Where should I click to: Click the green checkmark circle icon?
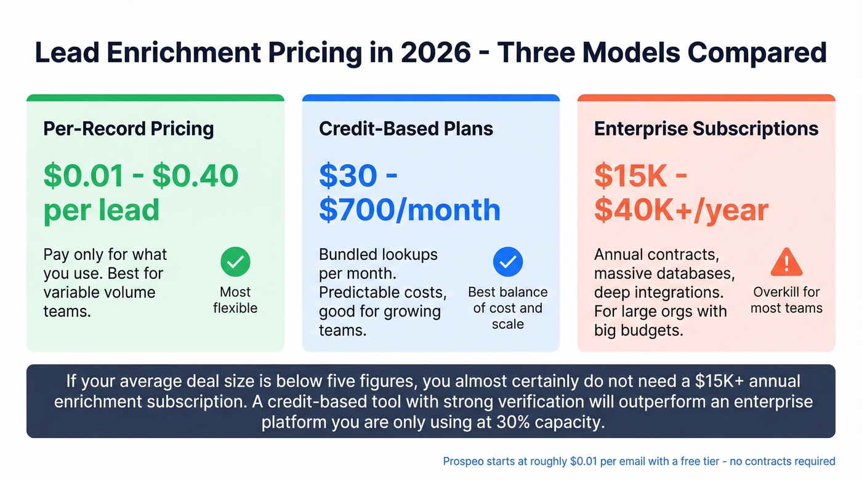click(235, 262)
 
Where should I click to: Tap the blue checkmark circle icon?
click(508, 262)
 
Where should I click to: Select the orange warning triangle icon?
click(786, 262)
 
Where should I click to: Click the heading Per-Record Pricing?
click(129, 129)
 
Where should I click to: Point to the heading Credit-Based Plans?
click(406, 129)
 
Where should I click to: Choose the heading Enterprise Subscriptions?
click(706, 129)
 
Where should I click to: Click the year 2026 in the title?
click(435, 52)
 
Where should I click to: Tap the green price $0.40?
click(195, 176)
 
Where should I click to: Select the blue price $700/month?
click(409, 210)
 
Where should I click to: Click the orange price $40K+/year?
click(681, 210)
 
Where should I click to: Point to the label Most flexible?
click(235, 300)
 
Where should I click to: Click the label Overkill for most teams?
click(786, 300)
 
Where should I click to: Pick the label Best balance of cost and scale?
click(508, 308)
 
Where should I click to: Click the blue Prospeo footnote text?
click(638, 461)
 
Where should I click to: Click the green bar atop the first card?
click(155, 97)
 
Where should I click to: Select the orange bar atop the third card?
click(706, 97)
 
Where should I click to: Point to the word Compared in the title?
click(757, 52)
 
